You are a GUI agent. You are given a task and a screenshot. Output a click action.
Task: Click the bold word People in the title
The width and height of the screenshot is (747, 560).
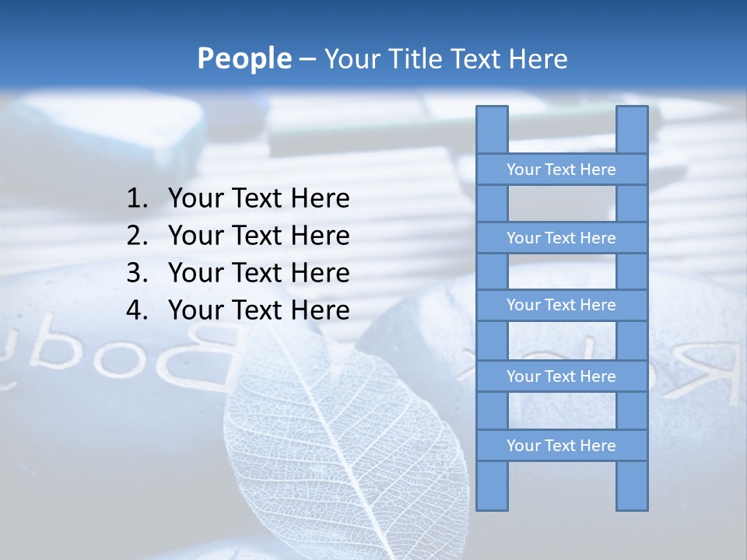tap(244, 58)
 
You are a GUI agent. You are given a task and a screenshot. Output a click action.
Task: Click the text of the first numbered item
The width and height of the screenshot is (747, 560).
tap(258, 199)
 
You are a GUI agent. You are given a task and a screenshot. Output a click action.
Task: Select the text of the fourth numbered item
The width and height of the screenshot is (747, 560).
tap(258, 310)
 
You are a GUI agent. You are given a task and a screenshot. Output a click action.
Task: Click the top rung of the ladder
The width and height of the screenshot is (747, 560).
tap(561, 170)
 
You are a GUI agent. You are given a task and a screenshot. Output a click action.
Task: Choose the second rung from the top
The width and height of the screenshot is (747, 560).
tap(561, 238)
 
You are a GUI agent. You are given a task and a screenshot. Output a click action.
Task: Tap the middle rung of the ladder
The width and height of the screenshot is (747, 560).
tap(561, 305)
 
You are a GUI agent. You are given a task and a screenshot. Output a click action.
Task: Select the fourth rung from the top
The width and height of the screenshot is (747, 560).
tap(561, 376)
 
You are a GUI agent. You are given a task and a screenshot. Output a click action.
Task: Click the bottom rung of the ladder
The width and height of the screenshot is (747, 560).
tap(561, 446)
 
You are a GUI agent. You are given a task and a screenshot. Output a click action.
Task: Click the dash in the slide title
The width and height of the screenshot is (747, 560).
tap(307, 59)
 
